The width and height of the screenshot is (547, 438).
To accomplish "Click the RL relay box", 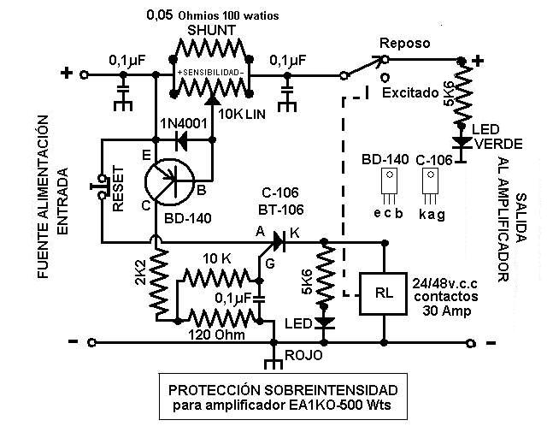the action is pyautogui.click(x=384, y=293).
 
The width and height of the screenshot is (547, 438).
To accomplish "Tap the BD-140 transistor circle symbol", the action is pyautogui.click(x=169, y=183).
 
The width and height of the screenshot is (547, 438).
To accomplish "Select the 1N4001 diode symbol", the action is pyautogui.click(x=182, y=140).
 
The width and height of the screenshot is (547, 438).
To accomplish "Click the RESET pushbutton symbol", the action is pyautogui.click(x=100, y=186).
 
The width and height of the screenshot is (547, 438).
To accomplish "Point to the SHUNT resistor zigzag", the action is pyautogui.click(x=210, y=49).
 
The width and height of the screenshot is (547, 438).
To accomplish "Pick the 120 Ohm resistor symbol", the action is pyautogui.click(x=219, y=319).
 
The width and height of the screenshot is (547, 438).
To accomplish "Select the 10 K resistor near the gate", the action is pyautogui.click(x=216, y=277).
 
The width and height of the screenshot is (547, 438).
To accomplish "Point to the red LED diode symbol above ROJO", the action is pyautogui.click(x=324, y=323).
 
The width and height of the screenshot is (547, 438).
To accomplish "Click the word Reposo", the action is pyautogui.click(x=404, y=43).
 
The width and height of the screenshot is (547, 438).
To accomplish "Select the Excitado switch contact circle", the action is pyautogui.click(x=385, y=76).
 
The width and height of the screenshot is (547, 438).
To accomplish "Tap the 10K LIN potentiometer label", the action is pyautogui.click(x=242, y=114).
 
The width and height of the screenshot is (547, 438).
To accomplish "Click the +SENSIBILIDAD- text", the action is pyautogui.click(x=210, y=73).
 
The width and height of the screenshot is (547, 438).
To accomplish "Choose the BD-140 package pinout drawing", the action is pyautogui.click(x=390, y=186).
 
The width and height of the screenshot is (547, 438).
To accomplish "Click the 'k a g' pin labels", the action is pyautogui.click(x=432, y=213).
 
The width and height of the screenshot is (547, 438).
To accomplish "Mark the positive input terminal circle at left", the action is pyautogui.click(x=84, y=74).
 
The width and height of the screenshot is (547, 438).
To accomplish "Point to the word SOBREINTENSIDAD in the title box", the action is pyautogui.click(x=331, y=389).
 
